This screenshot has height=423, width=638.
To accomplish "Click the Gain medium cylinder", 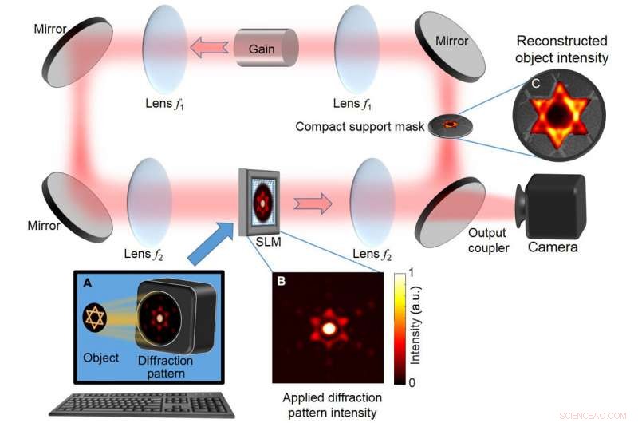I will pyautogui.click(x=266, y=49).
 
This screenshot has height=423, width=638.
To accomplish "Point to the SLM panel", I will pyautogui.click(x=262, y=202).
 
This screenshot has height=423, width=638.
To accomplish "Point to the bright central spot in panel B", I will pyautogui.click(x=328, y=327).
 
